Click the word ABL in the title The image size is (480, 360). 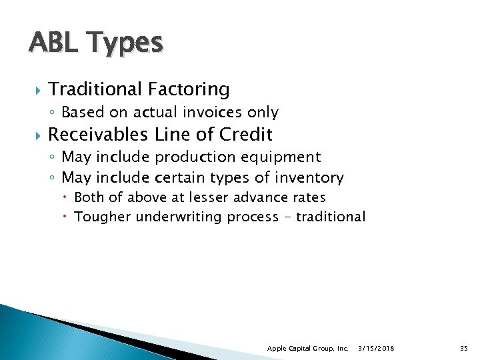(x=50, y=43)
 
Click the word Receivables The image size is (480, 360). (x=99, y=135)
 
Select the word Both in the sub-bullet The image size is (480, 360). (x=89, y=197)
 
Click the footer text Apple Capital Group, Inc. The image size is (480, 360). (x=307, y=349)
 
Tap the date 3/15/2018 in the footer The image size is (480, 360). (x=376, y=349)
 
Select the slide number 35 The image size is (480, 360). (x=464, y=349)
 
